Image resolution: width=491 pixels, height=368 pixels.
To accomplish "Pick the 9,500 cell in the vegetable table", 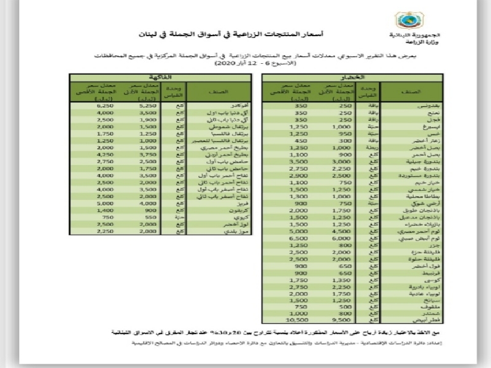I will click(330, 320).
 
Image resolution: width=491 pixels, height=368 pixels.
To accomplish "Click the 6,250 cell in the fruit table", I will click(88, 105).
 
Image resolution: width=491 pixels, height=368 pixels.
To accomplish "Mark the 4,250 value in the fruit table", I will click(88, 155).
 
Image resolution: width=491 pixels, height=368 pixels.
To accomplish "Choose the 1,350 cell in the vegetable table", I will click(330, 280).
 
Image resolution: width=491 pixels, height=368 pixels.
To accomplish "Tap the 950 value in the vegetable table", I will click(330, 133).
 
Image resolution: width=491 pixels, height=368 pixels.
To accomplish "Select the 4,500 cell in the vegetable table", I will click(330, 232).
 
